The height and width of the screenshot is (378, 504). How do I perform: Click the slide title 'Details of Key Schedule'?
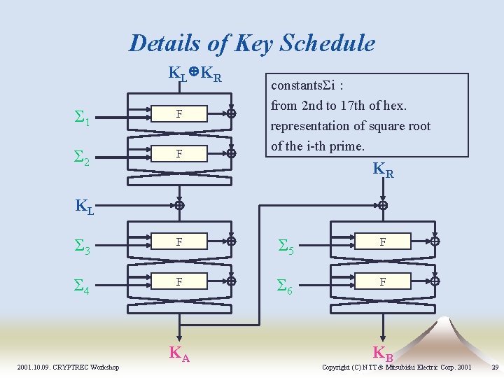(252, 43)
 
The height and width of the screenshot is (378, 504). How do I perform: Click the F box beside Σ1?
(180, 113)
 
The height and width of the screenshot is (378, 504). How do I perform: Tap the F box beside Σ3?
(180, 241)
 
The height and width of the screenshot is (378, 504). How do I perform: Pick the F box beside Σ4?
(180, 281)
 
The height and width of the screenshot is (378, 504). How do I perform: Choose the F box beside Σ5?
(383, 241)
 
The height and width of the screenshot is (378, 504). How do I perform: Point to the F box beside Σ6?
(383, 281)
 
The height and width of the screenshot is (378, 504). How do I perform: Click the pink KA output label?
(179, 353)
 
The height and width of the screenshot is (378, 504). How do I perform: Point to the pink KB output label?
(383, 353)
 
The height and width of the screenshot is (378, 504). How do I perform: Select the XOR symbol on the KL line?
(179, 206)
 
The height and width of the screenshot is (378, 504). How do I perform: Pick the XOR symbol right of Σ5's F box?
(435, 241)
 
